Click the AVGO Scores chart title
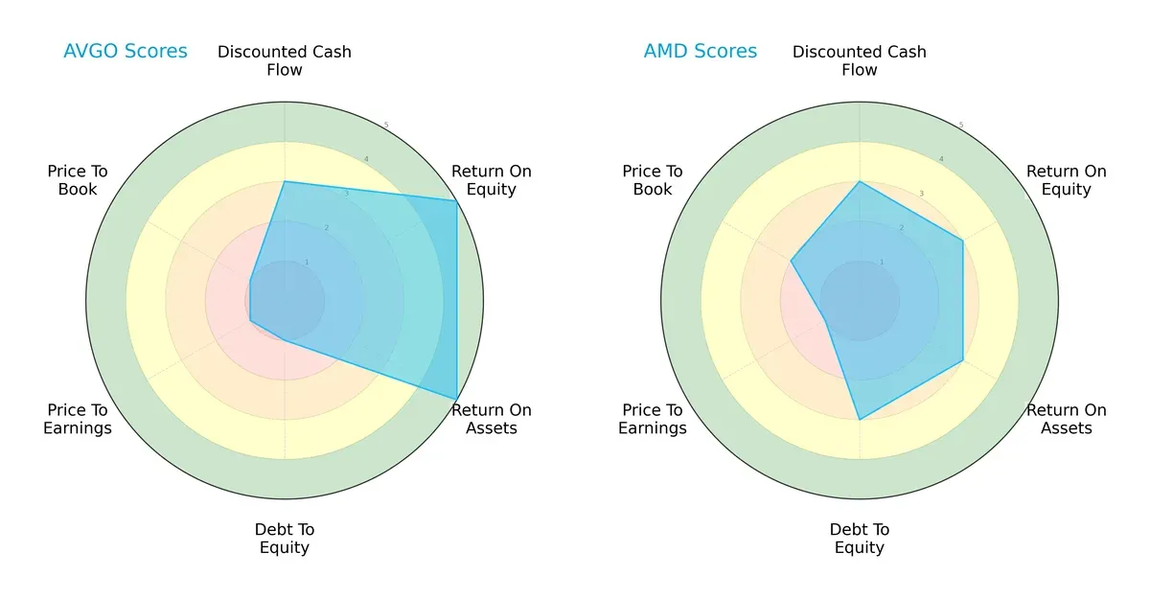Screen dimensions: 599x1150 click(125, 52)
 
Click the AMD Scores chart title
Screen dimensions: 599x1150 click(700, 52)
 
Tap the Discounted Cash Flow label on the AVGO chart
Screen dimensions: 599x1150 click(285, 60)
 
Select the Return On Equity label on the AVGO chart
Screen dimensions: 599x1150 click(491, 180)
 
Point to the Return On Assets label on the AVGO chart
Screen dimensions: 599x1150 click(491, 419)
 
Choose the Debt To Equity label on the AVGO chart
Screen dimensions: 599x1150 click(285, 539)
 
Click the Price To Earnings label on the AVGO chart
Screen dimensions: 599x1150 click(78, 419)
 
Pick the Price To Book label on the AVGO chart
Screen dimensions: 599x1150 click(78, 180)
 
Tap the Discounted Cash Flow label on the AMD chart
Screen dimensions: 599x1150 click(860, 60)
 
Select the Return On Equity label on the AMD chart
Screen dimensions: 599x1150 click(1066, 180)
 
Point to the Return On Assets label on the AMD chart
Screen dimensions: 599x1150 click(1066, 419)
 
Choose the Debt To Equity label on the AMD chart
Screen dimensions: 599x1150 click(860, 539)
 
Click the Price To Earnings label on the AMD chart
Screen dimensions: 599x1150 click(653, 419)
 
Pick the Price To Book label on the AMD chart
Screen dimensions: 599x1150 click(653, 180)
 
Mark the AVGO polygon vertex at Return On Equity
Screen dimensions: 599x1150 click(456, 201)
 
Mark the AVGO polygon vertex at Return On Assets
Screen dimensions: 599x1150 click(456, 400)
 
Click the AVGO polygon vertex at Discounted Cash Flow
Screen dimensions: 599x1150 click(285, 181)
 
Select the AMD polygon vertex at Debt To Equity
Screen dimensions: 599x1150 click(860, 420)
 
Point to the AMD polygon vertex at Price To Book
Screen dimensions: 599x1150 click(792, 261)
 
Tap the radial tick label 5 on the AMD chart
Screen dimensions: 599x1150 click(961, 126)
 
